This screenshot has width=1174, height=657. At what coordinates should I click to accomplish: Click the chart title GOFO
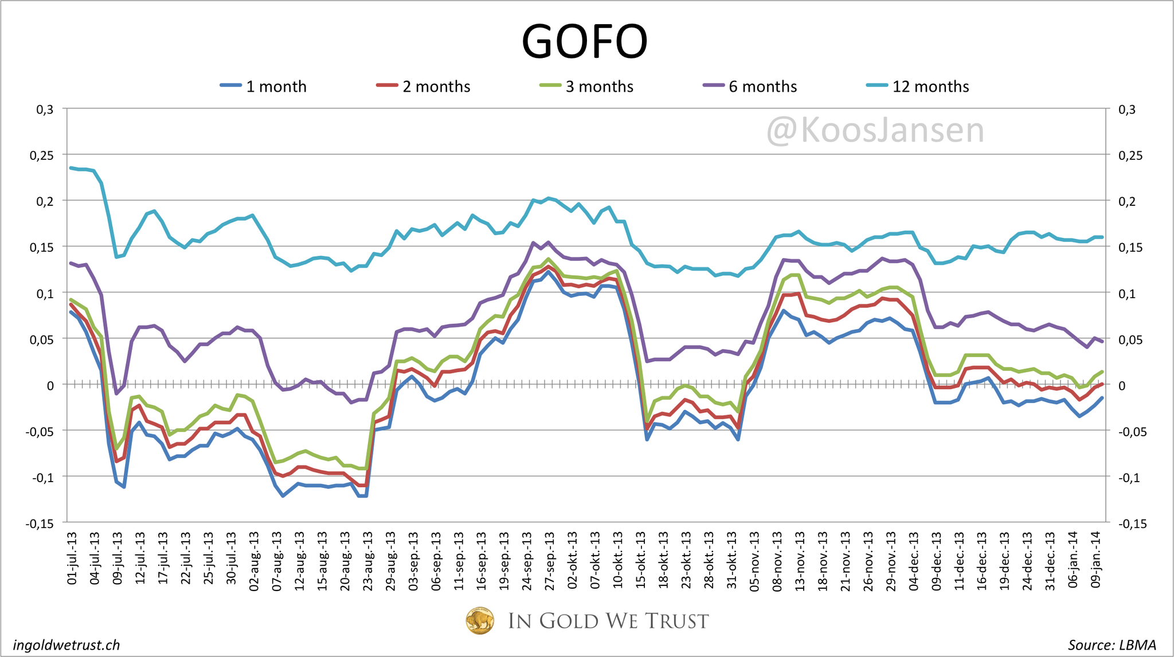[584, 41]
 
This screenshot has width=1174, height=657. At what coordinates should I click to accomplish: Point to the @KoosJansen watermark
[875, 130]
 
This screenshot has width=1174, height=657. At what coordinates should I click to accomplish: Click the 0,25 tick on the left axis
[41, 155]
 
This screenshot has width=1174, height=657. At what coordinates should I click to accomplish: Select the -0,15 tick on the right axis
[1132, 523]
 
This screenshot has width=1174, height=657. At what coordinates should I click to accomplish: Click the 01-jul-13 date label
[72, 558]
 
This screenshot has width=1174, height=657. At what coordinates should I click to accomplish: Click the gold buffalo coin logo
[480, 621]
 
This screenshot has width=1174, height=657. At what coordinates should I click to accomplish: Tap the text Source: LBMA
[1111, 645]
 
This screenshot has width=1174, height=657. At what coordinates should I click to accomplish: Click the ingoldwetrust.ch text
[66, 645]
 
